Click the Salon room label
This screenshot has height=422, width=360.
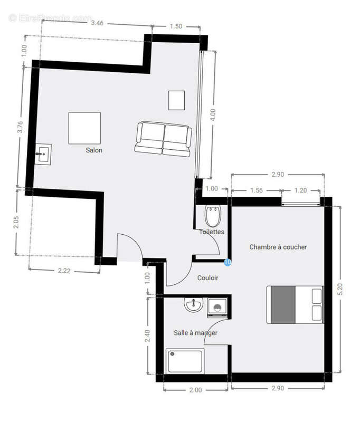(94, 150)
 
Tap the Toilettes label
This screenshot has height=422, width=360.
(212, 232)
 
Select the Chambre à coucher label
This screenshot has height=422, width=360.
(278, 247)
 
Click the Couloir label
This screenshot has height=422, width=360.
(208, 278)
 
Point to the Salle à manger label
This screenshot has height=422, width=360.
(196, 333)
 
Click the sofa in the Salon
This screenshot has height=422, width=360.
(163, 139)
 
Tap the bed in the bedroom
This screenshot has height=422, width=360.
(295, 304)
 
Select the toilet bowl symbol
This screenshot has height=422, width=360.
(213, 216)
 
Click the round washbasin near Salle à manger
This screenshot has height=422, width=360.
(193, 305)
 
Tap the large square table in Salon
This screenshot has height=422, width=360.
(84, 128)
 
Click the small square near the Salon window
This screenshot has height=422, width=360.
(177, 100)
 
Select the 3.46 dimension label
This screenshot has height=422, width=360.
(100, 23)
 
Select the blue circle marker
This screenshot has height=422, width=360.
(228, 262)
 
